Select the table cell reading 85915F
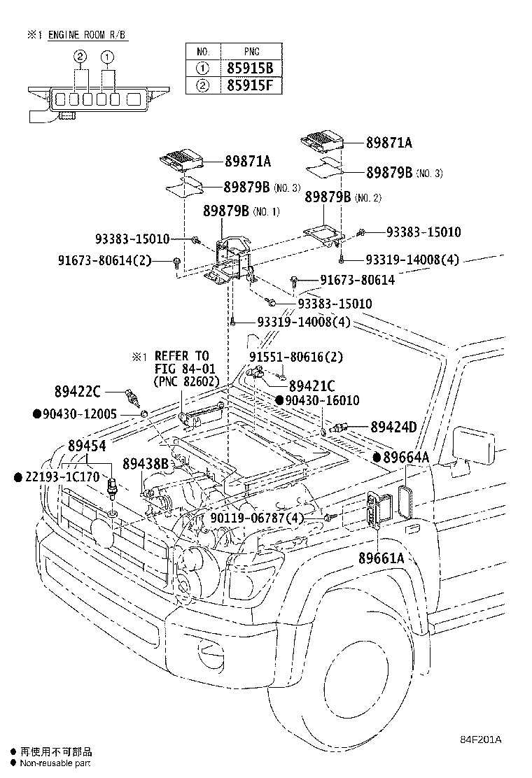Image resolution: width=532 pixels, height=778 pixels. (254, 87)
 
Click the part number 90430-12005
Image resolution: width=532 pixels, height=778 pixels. (78, 413)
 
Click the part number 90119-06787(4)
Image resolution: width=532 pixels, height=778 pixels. (256, 518)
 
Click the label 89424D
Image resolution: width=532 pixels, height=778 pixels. (393, 427)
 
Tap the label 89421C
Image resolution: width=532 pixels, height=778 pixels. (312, 385)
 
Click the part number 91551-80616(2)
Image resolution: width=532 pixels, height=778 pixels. (296, 356)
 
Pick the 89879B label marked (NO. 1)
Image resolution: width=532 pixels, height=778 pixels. (226, 211)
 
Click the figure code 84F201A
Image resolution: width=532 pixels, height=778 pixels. (482, 739)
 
